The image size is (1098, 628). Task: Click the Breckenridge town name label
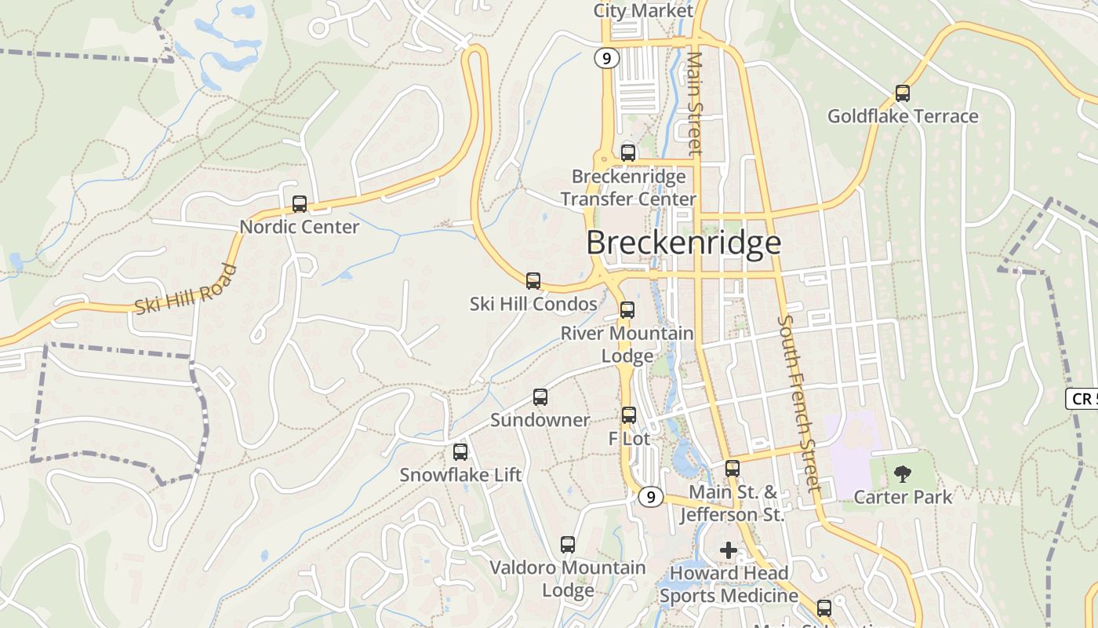click(683, 243)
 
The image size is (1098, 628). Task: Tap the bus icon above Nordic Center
click(300, 204)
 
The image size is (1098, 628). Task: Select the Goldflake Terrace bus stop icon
click(903, 93)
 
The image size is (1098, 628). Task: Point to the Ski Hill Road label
click(185, 290)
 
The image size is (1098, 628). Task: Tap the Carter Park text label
click(903, 497)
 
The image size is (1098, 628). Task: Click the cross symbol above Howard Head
click(729, 550)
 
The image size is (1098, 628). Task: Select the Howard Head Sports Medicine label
click(729, 584)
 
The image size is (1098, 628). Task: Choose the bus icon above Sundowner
click(540, 397)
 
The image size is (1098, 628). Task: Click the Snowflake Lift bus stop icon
click(460, 452)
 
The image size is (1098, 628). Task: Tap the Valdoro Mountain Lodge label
click(568, 579)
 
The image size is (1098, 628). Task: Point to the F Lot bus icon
click(629, 415)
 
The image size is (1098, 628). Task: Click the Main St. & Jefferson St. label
click(731, 503)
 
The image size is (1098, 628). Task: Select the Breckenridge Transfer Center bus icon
click(628, 153)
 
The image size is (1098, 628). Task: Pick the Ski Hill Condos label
click(533, 304)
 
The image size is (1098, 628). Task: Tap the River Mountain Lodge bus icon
click(627, 310)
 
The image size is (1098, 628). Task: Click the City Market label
click(643, 11)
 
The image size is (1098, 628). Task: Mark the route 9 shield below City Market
click(606, 58)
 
